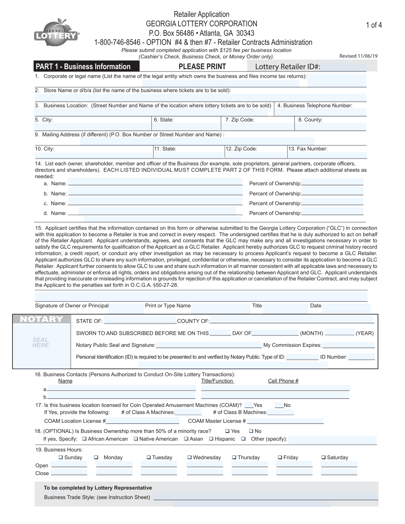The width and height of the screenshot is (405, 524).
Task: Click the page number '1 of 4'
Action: [374, 25]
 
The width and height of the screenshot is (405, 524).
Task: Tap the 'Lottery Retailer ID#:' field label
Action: [287, 67]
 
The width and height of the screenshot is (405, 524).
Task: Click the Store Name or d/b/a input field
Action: [200, 98]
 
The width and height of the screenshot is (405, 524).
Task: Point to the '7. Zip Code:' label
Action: [240, 120]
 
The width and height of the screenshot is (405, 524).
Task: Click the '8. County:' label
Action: [310, 120]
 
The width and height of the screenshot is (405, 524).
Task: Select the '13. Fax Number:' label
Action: [307, 149]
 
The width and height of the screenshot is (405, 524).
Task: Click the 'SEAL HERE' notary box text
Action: [40, 342]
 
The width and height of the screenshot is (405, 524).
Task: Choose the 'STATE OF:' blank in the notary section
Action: [140, 321]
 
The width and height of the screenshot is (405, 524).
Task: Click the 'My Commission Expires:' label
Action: [292, 345]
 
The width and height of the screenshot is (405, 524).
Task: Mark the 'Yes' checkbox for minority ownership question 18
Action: [227, 431]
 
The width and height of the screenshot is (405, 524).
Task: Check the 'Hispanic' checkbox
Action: [211, 439]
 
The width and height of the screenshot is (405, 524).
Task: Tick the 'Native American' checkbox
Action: [136, 439]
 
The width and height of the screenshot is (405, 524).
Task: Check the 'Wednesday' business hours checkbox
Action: [190, 458]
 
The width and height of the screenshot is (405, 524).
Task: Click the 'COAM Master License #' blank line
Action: [285, 421]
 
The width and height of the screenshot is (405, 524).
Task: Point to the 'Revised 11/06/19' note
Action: [358, 56]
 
